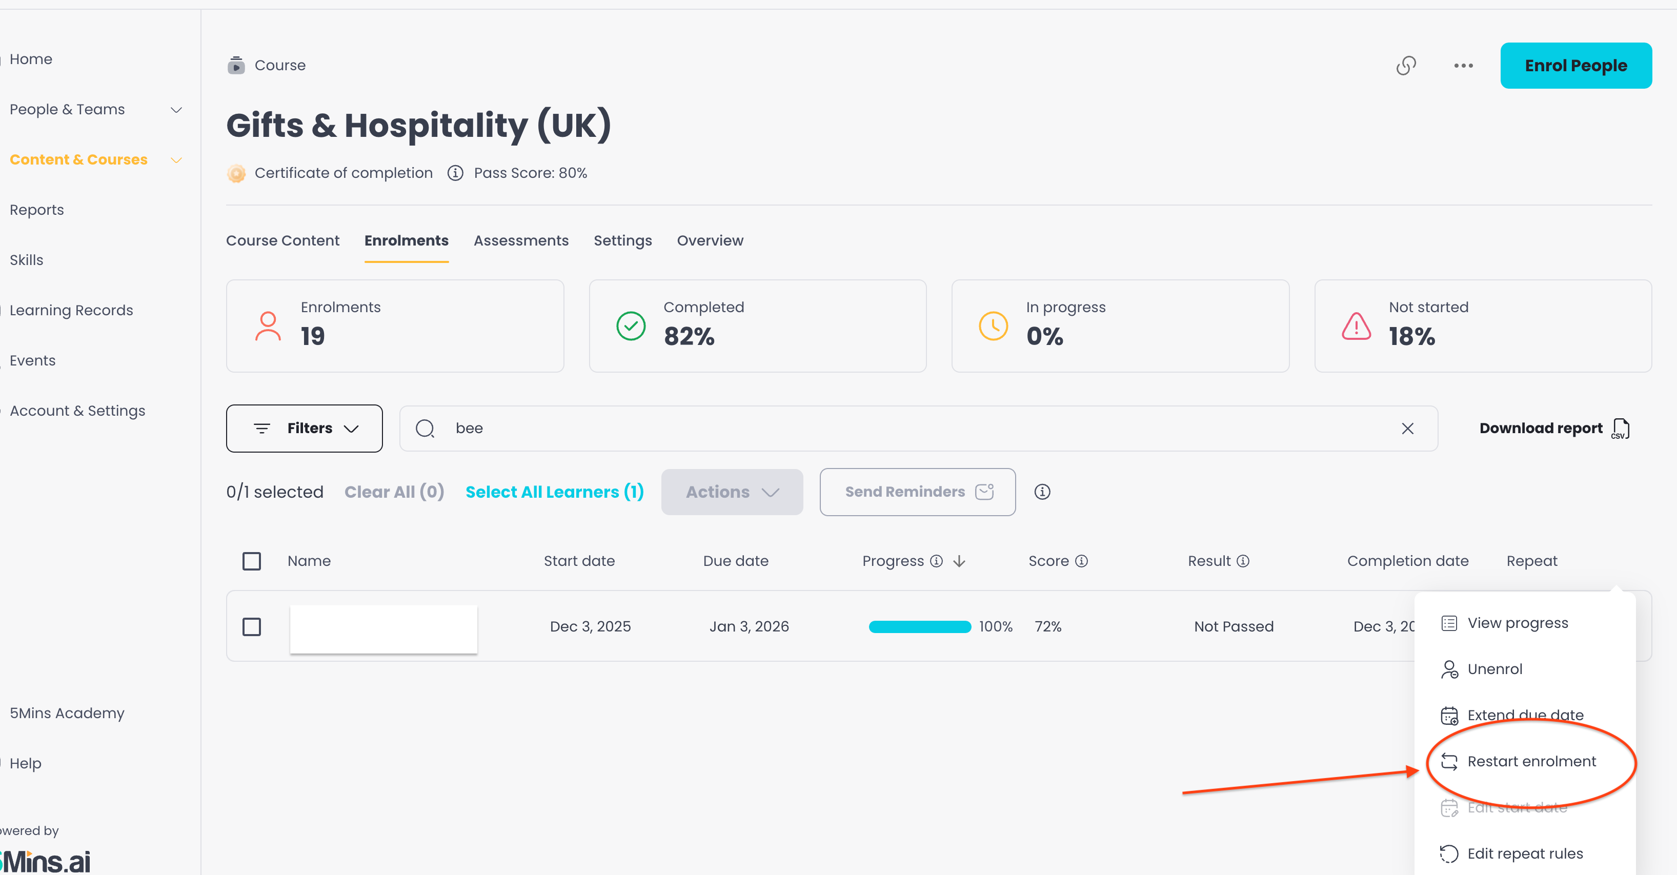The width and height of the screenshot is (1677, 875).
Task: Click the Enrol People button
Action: [1575, 65]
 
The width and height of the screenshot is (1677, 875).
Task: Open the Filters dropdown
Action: [304, 429]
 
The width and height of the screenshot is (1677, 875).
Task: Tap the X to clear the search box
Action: [1407, 429]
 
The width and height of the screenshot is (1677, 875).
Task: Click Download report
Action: [1554, 429]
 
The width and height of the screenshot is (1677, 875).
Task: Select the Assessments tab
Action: [521, 240]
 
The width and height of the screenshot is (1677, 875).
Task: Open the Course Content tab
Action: [282, 240]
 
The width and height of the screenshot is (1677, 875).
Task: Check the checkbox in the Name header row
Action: [251, 561]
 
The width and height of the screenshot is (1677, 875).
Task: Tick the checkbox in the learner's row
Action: [251, 627]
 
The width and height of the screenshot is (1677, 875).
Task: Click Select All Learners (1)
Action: [555, 492]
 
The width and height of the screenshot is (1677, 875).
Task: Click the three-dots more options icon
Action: [1464, 65]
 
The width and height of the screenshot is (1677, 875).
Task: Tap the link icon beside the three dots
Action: [1406, 65]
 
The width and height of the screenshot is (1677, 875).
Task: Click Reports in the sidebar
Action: [36, 210]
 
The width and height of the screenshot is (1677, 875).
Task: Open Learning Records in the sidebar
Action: [71, 310]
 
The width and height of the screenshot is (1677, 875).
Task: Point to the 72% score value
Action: [1048, 626]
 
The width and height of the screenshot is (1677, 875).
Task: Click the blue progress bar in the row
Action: [920, 627]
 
